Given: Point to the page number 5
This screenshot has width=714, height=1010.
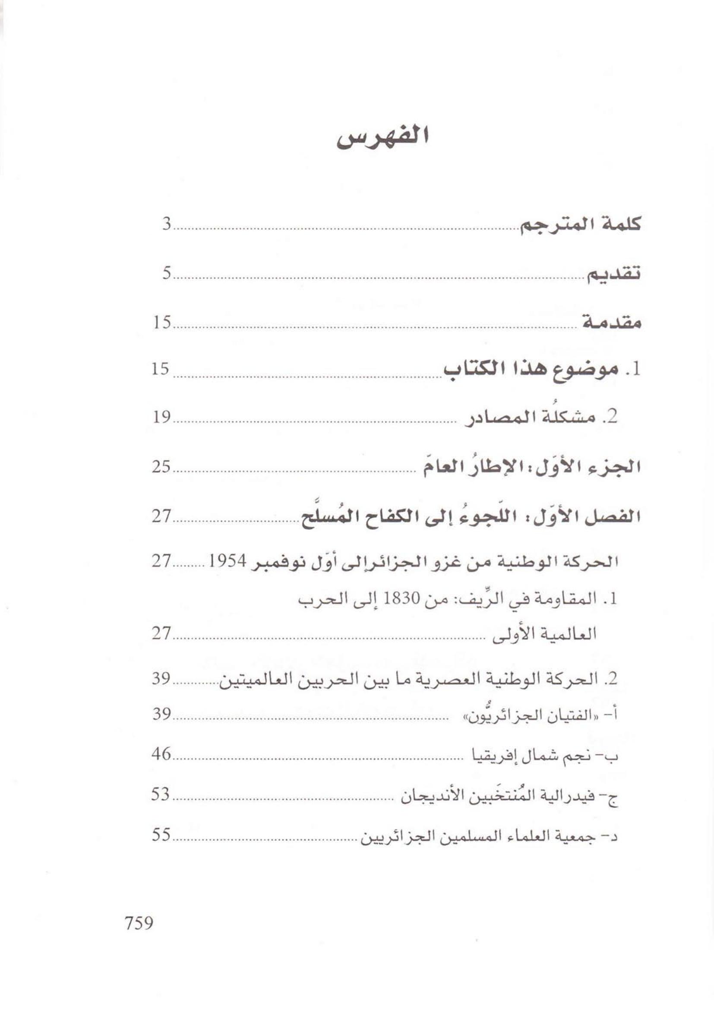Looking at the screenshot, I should click(166, 274).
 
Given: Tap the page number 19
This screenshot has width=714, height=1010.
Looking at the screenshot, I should click(161, 417).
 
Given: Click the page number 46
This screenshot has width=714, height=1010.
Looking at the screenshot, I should click(161, 754).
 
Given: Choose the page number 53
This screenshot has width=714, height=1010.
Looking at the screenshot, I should click(161, 795).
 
